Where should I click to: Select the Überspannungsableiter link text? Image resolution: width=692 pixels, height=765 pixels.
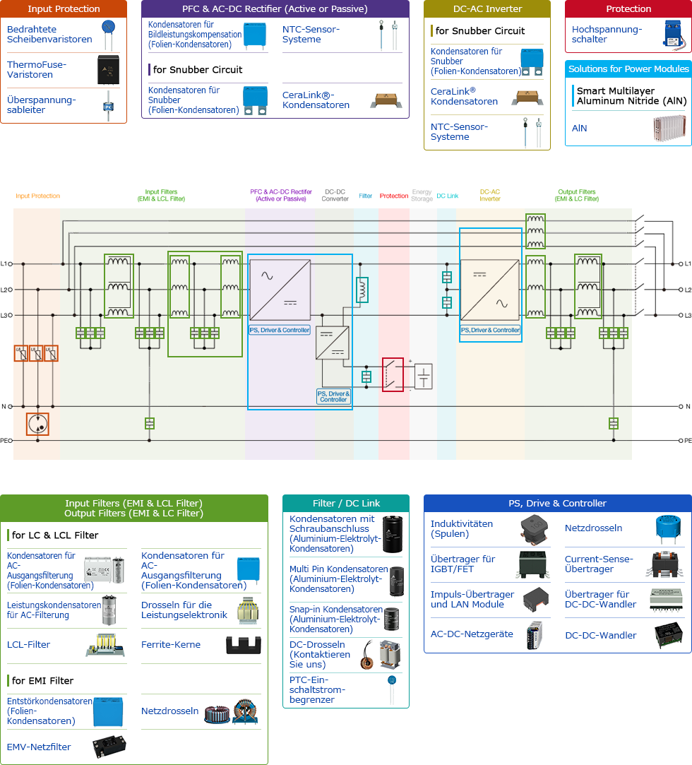[41, 105]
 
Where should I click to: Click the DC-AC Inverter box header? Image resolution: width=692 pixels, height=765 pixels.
[487, 9]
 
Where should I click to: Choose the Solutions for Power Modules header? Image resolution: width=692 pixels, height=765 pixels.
[628, 69]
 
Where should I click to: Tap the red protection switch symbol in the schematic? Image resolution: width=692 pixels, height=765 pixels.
[393, 374]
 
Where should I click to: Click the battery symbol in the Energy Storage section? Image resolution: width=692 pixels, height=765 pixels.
[423, 376]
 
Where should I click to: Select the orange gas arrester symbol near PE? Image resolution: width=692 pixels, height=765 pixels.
[37, 424]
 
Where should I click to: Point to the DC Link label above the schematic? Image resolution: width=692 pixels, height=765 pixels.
[447, 196]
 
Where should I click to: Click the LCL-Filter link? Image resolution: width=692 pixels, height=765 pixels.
[28, 644]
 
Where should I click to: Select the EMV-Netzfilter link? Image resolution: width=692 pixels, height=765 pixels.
[39, 746]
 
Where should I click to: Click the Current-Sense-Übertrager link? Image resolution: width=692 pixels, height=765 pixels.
[598, 564]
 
